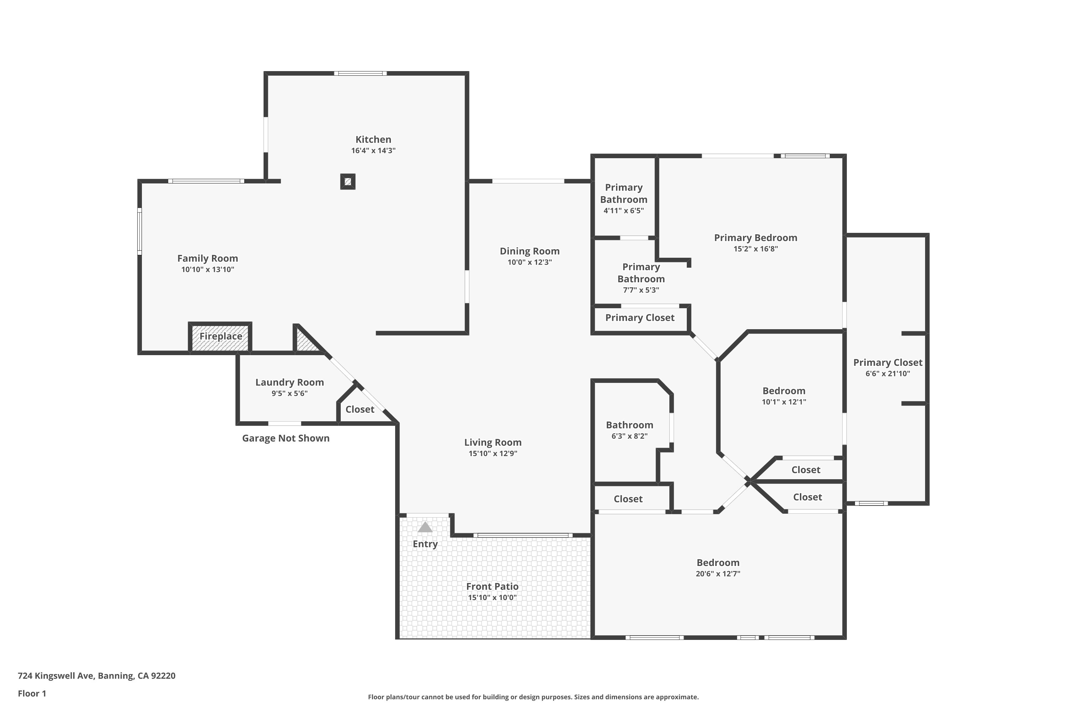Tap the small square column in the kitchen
[x=347, y=181]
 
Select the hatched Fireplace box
[x=221, y=337]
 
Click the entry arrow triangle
[x=425, y=527]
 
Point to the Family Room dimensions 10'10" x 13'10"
[x=207, y=269]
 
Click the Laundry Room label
[x=290, y=382]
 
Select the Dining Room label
[x=530, y=251]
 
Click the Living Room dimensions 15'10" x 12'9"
[x=493, y=454]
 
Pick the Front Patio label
[x=492, y=586]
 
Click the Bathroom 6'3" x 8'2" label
[x=629, y=425]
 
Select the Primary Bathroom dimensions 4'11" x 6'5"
[x=623, y=210]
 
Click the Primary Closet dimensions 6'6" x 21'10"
[x=887, y=374]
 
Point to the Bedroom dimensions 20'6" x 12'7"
[x=718, y=574]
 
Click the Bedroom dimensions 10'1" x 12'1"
[x=784, y=402]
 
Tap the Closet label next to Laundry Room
[x=360, y=410]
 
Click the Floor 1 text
[x=32, y=693]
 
